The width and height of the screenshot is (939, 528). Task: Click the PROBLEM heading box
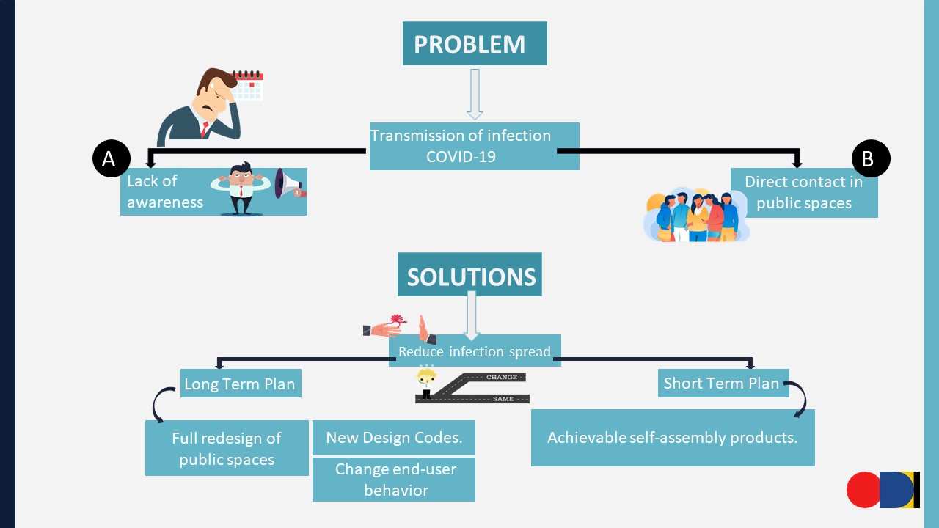474,43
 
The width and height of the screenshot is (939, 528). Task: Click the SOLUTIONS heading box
469,275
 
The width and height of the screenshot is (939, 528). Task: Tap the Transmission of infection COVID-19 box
474,146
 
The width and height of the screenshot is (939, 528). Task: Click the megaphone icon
288,184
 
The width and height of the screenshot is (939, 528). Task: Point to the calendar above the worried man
248,85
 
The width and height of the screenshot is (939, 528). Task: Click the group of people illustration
695,216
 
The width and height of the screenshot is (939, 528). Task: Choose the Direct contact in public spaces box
804,192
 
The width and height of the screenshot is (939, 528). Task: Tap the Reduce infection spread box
475,351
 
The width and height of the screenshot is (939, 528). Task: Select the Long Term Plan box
241,384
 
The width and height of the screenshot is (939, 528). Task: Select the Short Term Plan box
722,383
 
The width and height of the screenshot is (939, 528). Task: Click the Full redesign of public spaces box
227,448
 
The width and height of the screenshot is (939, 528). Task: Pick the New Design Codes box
394,438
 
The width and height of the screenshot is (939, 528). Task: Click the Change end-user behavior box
394,480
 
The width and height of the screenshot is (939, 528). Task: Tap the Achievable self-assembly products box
673,438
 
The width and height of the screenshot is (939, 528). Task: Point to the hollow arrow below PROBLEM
475,94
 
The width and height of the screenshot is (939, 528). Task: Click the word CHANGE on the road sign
502,378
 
